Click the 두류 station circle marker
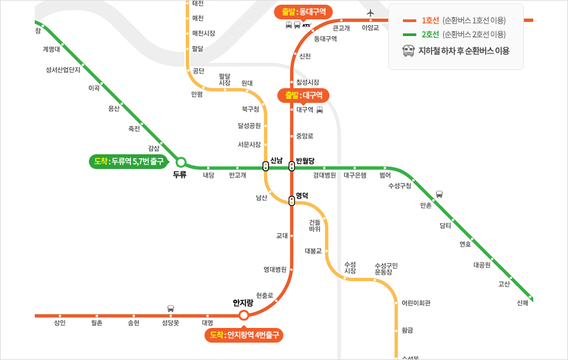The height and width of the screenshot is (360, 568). pos(180,162)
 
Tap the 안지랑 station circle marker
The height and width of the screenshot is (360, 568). pos(244,315)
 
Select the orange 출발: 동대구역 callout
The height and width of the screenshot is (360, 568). pos(303,11)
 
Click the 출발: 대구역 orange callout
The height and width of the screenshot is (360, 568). pos(303,95)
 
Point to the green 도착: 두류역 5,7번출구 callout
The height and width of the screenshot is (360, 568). pos(128,161)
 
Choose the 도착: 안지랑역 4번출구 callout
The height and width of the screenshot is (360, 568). pos(244,335)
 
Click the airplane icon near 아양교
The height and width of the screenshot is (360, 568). pos(371,13)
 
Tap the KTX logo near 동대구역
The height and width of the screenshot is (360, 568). pos(307,25)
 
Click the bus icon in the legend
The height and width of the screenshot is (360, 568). pos(408,50)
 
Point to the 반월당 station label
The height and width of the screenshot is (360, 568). pos(305,160)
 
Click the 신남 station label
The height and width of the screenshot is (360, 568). pos(277,160)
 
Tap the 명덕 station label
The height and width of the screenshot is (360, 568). pos(302,196)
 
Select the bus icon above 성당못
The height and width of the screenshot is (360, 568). pos(170,309)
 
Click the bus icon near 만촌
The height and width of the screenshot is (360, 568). pos(439,194)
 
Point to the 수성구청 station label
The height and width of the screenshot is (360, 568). pos(400,186)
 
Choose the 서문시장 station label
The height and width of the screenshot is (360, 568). pos(249,144)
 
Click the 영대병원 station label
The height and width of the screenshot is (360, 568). pos(275,269)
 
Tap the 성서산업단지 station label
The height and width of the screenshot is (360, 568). pos(63,69)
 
